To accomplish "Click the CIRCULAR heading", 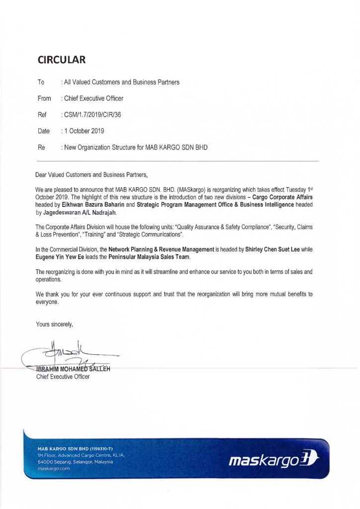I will point(62,60).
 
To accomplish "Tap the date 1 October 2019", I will point(84,131).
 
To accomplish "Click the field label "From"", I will point(44,98).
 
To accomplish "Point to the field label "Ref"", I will point(42,115).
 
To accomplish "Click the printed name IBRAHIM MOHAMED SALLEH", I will point(73,369).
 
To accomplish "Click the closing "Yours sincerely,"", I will point(55,325).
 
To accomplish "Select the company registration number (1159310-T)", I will point(92,449).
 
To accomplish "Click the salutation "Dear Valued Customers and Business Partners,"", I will point(92,174).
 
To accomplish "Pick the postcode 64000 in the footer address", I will point(45,462).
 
